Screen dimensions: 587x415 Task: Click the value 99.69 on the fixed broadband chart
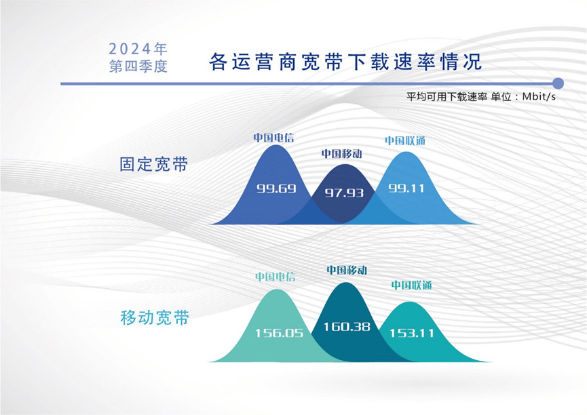(x=276, y=189)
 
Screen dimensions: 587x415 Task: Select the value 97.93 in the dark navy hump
(x=344, y=193)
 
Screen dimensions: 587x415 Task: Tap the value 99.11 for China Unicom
(x=406, y=188)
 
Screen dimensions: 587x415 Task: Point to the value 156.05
(x=280, y=333)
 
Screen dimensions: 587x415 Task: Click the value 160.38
(x=347, y=327)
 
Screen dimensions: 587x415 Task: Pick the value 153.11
(x=412, y=333)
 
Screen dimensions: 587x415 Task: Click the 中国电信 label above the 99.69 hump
(x=273, y=138)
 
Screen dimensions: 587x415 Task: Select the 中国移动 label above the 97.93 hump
(x=342, y=153)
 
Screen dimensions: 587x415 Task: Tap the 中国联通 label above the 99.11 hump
(x=405, y=140)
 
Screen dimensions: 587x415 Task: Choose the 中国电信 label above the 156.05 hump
(x=275, y=277)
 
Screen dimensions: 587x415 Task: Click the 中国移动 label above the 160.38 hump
(x=347, y=270)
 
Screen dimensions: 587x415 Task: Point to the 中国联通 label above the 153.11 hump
(x=411, y=285)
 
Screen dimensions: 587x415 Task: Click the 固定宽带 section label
(x=153, y=164)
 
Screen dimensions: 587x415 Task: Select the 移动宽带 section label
(x=155, y=318)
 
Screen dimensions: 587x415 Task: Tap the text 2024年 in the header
(x=138, y=49)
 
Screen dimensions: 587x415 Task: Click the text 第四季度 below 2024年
(x=138, y=66)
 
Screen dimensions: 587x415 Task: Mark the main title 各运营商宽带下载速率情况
(x=345, y=62)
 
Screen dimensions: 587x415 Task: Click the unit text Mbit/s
(x=539, y=96)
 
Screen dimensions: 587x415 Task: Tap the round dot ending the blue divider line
(x=558, y=83)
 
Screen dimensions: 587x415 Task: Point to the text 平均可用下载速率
(x=447, y=96)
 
